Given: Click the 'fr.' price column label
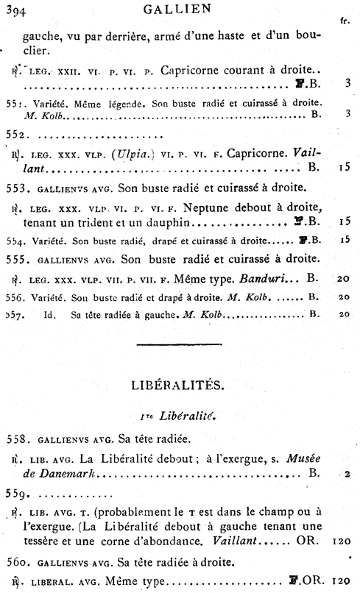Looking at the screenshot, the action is pos(345,21).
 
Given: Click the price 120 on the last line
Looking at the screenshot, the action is pos(341,581).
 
